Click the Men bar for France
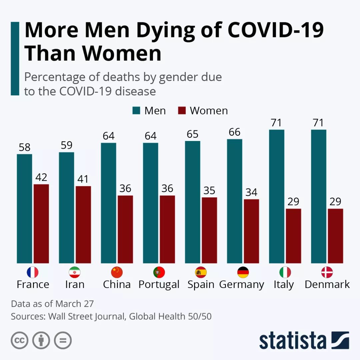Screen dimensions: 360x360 [x=24, y=208]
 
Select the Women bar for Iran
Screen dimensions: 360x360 [x=83, y=224]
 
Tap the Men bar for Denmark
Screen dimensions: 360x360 [x=318, y=196]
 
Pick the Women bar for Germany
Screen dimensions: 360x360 [x=251, y=231]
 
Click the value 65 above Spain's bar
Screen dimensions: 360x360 [x=193, y=134]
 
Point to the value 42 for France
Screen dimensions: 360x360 [x=41, y=177]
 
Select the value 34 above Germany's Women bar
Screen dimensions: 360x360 [x=251, y=193]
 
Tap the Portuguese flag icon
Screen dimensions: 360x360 [x=159, y=272]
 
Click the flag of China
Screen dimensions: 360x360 [x=117, y=272]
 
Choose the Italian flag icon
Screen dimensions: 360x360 [x=285, y=272]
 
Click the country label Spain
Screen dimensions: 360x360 [x=201, y=285]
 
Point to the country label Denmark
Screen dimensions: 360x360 [x=327, y=285]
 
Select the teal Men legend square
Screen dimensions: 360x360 [x=137, y=111]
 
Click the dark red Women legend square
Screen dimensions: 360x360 [x=182, y=111]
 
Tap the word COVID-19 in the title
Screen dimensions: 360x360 [x=275, y=30]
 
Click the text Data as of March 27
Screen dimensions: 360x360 [x=52, y=304]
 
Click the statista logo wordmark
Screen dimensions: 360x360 [x=293, y=341]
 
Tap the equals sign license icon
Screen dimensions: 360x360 [x=63, y=340]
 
